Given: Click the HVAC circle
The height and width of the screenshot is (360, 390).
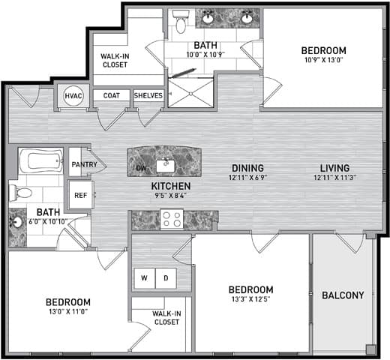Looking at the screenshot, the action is pos(73,96).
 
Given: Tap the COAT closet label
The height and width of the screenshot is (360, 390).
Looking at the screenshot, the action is pos(112,95).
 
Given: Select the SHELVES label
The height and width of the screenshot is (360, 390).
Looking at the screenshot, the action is pos(148,95).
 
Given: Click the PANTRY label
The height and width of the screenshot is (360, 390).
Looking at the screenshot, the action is pos(84,164).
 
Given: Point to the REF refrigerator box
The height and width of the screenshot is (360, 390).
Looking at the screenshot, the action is pos(81,195).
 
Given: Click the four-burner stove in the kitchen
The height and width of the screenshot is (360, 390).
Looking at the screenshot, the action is pos(172,219).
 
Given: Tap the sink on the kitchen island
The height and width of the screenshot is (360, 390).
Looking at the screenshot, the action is pos(166,166).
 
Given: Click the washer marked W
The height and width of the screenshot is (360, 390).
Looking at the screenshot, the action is pos(145,278).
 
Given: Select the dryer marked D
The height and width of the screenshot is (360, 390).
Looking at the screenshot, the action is pos(166,278).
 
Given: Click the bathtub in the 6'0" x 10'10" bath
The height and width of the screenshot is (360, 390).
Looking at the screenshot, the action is pos(41,160).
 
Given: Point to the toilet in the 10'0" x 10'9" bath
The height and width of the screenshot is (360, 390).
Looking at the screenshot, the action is pos(181,22).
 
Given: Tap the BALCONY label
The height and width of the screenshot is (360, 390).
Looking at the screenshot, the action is pos(343,295).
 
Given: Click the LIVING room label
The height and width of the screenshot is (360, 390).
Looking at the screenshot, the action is pos(334,167).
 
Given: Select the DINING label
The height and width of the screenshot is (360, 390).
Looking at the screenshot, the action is pos(247,167).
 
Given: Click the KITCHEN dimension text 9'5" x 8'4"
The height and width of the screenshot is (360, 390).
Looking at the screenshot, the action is pos(171,195).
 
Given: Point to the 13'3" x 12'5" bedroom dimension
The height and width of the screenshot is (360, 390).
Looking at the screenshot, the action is pos(250,299).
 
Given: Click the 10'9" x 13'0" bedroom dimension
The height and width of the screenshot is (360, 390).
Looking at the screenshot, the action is pos(323,60).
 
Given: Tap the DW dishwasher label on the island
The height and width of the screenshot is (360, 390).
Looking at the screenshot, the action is pos(141,168).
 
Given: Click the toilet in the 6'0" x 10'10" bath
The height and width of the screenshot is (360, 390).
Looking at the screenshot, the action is pos(20,193).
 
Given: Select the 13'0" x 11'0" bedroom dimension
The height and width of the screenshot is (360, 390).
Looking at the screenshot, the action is pos(68,311).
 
